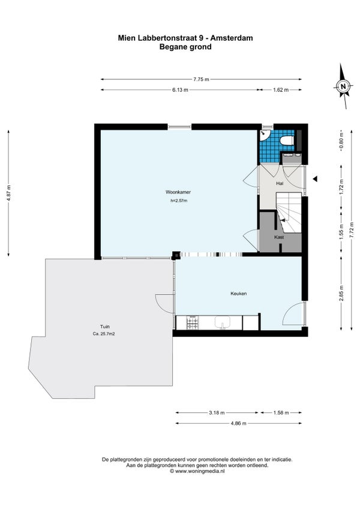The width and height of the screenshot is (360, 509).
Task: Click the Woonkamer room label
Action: [178, 192]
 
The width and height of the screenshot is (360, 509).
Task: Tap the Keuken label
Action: [239, 294]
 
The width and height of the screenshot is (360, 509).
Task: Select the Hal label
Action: [280, 184]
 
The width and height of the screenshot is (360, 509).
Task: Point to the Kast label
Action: [279, 237]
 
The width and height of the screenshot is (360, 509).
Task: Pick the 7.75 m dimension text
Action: [201, 79]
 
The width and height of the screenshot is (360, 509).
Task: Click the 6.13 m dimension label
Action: [180, 90]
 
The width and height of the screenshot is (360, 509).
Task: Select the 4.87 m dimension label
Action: [9, 193]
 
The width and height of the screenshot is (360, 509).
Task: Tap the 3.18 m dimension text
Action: [217, 413]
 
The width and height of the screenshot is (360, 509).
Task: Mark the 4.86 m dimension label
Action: [238, 423]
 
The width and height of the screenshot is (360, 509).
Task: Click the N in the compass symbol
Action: [343, 86]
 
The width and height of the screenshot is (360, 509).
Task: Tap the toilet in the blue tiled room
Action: [287, 141]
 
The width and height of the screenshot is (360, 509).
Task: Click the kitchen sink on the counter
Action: [223, 322]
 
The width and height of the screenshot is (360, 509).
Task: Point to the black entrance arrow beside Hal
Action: [314, 178]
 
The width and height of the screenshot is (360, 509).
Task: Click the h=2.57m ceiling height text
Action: [179, 200]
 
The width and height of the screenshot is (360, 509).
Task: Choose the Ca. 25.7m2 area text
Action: [104, 334]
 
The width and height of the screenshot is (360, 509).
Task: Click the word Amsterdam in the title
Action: [232, 38]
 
